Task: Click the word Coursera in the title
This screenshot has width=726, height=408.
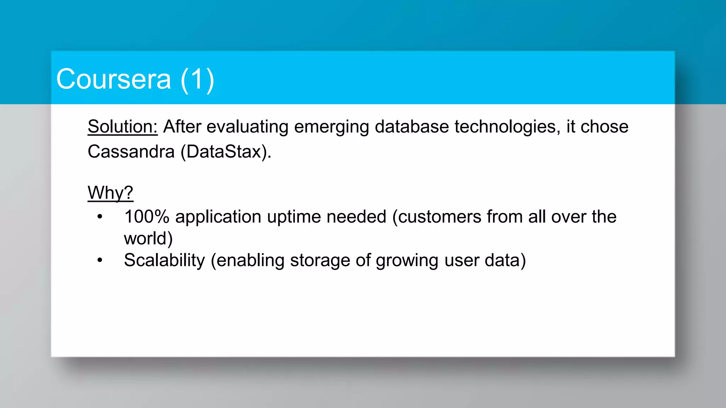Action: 113,79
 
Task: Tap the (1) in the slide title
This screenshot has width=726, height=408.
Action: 197,79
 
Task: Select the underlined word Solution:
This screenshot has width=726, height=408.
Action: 122,126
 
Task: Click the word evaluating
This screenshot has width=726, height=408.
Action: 247,126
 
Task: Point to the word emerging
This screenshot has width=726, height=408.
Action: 331,127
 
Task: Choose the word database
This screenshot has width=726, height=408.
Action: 412,126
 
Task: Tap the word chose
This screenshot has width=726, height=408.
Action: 604,126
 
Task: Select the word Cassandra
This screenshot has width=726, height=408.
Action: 131,152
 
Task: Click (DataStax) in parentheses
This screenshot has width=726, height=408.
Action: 226,152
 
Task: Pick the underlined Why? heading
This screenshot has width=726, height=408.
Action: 110,193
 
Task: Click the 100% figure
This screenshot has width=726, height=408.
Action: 147,216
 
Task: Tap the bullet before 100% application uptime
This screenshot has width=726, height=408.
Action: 100,216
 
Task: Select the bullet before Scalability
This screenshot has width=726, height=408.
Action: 100,260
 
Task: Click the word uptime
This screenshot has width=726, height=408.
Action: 294,217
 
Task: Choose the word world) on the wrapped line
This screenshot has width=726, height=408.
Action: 148,238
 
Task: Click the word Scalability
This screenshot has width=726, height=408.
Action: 164,260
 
